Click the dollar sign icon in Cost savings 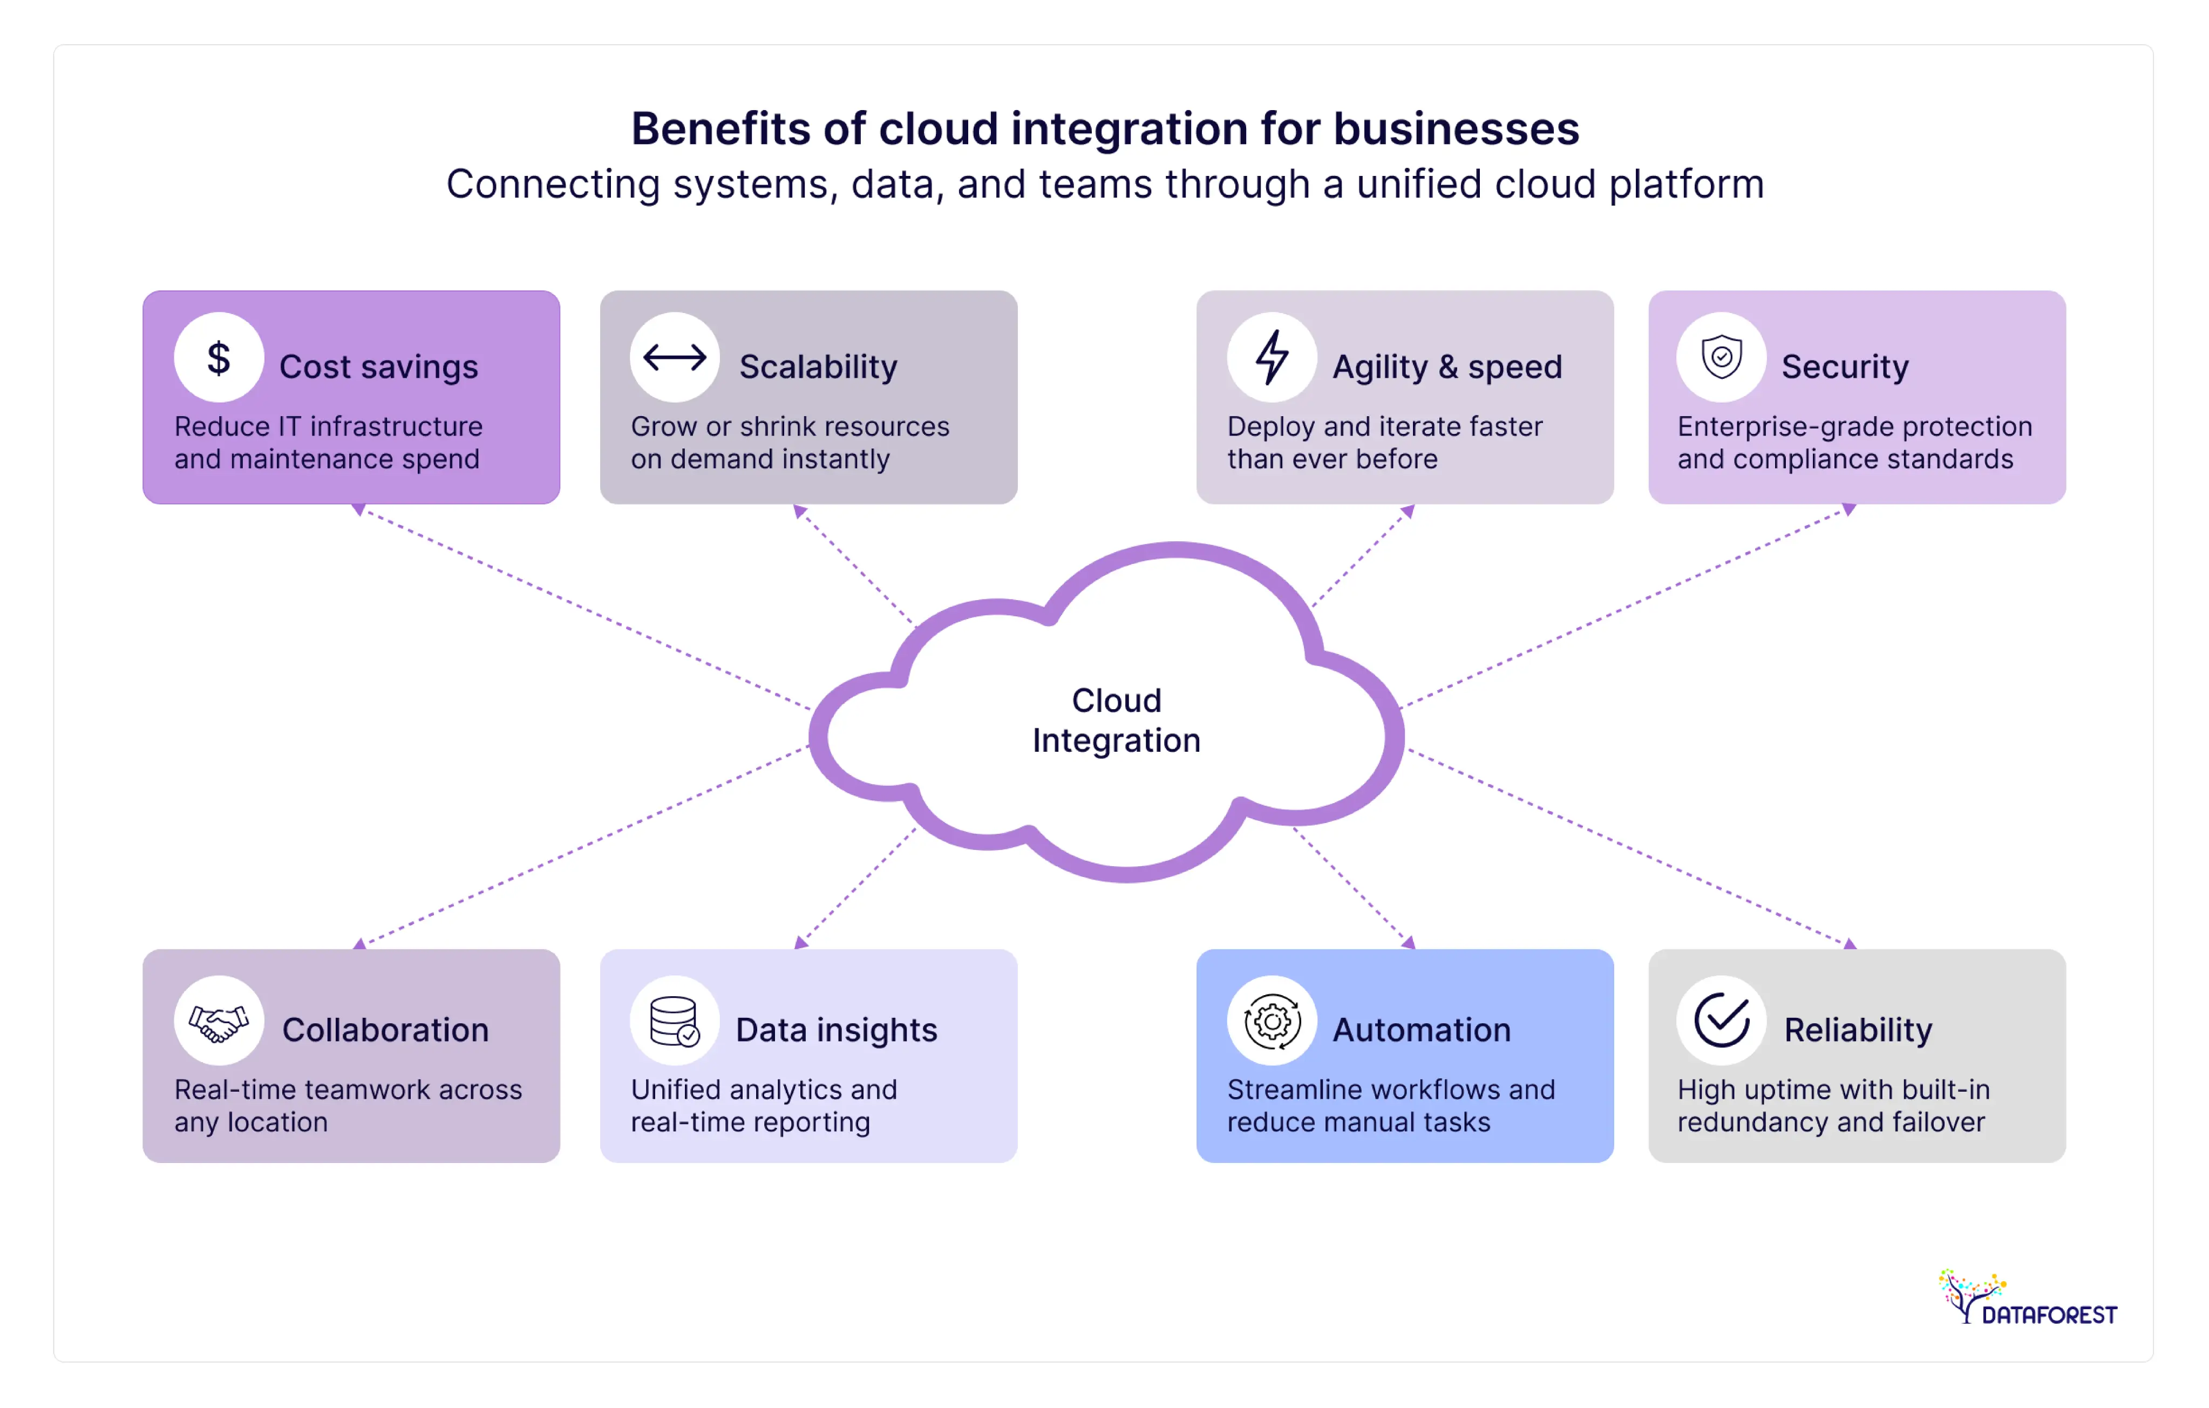[x=219, y=358]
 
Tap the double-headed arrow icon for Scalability [x=674, y=358]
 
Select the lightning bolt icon [x=1272, y=358]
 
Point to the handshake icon [x=219, y=1021]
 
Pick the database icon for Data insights [x=674, y=1021]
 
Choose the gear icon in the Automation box [x=1272, y=1021]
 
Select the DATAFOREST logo [x=2027, y=1299]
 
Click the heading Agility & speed [x=1447, y=367]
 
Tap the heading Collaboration [x=385, y=1030]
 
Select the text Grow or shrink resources [x=789, y=426]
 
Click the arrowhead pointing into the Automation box [x=1408, y=942]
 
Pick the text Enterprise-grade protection [x=1854, y=426]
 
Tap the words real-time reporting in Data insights [x=750, y=1122]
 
